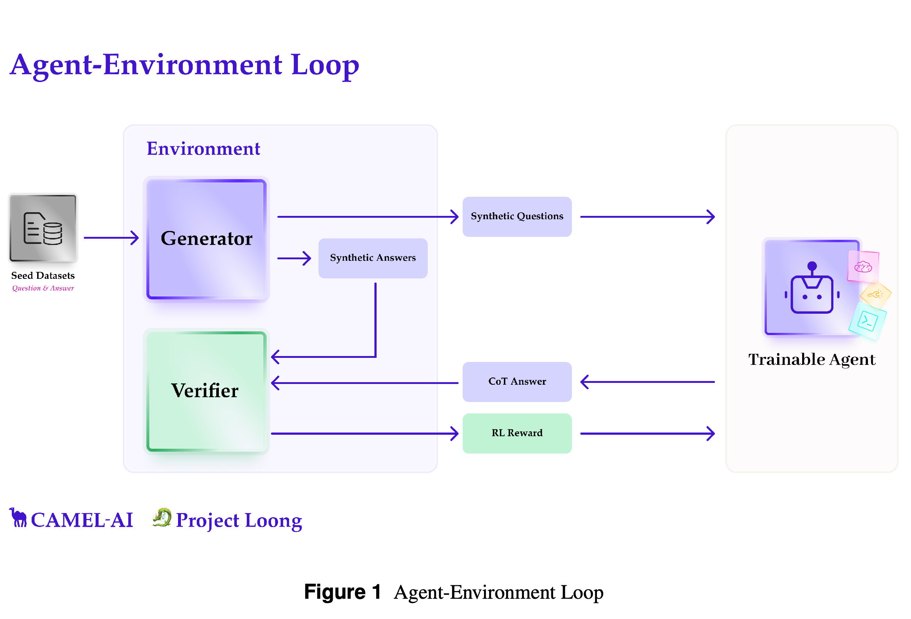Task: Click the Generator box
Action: (x=207, y=239)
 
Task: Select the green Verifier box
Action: (x=207, y=391)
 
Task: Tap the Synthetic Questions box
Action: (x=517, y=216)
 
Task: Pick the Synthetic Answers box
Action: (x=373, y=258)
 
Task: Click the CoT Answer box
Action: (x=517, y=381)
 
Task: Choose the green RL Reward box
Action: (x=517, y=433)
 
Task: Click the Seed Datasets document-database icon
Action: (x=43, y=228)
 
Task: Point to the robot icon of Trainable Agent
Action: (x=811, y=287)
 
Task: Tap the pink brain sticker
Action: (x=863, y=267)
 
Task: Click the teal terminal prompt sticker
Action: (x=868, y=321)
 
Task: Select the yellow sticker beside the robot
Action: (x=876, y=294)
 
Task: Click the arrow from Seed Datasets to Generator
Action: (x=111, y=238)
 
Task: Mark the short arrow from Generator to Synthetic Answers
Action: (x=294, y=258)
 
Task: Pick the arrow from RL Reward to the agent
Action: (x=648, y=434)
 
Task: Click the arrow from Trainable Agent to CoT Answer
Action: (x=648, y=382)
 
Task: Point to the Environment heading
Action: (x=203, y=149)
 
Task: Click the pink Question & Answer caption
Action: (x=43, y=288)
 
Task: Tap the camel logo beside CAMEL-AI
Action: (x=18, y=517)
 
